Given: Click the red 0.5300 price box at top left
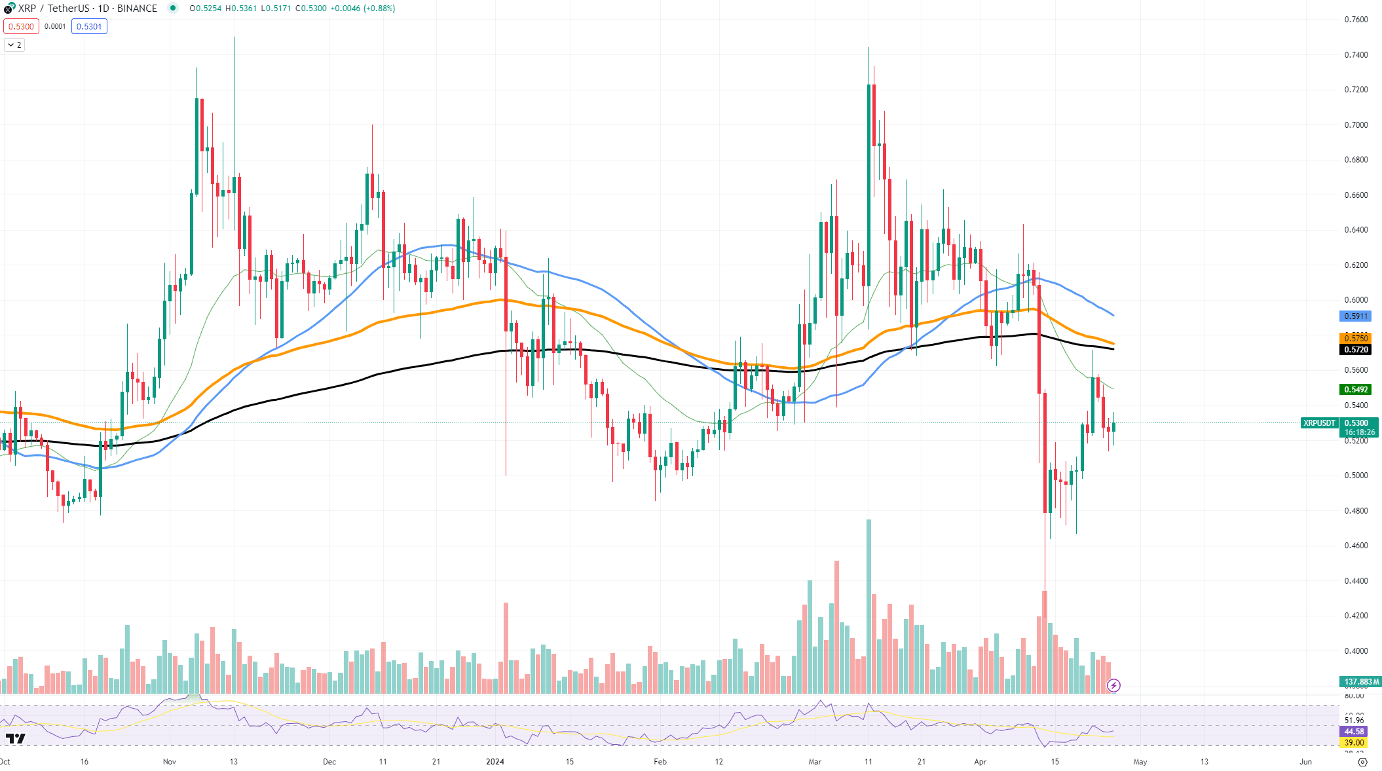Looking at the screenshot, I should tap(21, 26).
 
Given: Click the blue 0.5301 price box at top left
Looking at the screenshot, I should tap(89, 26).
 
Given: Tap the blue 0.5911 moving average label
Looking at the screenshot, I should tap(1355, 316).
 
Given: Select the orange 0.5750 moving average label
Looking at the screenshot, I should tap(1355, 338).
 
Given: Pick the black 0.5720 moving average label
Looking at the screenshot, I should tap(1355, 350).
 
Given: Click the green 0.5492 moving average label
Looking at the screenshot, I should tap(1355, 390).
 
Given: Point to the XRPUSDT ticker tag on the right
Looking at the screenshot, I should tap(1319, 423).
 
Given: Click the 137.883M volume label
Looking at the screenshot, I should tap(1361, 682).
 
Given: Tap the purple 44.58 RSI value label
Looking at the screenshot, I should tap(1354, 732).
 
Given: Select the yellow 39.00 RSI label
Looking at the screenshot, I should tap(1354, 743).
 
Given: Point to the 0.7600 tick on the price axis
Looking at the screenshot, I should tap(1356, 20).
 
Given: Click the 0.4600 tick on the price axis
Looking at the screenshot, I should tap(1356, 546).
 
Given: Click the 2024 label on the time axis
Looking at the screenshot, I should tap(495, 762).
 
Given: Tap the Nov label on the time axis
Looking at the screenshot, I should tap(170, 762).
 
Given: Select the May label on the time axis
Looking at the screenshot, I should tap(1140, 762).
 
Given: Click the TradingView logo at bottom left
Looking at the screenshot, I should tap(15, 739).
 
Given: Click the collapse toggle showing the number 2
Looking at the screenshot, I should tap(14, 45).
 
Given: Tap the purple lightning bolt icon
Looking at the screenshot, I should tap(1113, 686).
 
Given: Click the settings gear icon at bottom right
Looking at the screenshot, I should tap(1362, 762).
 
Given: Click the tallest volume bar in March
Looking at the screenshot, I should tap(868, 606).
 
